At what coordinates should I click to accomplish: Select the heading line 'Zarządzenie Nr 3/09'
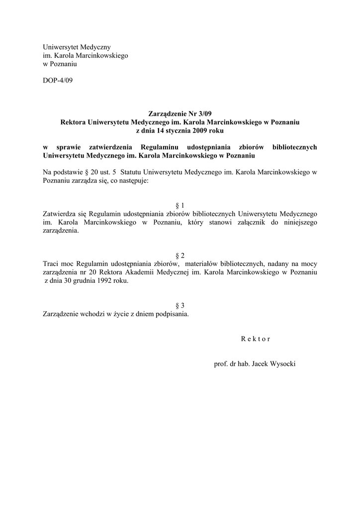(180, 114)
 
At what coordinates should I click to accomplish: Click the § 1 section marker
(180, 205)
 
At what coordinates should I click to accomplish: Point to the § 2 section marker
(180, 255)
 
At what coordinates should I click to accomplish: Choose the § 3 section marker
(180, 305)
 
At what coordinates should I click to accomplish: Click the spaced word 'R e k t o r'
(255, 339)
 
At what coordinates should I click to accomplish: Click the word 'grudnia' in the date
(81, 281)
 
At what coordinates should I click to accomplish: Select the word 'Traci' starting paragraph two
(51, 263)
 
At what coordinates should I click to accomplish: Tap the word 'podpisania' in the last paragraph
(173, 314)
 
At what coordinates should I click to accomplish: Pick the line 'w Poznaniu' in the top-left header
(60, 64)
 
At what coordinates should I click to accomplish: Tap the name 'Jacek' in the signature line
(260, 364)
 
